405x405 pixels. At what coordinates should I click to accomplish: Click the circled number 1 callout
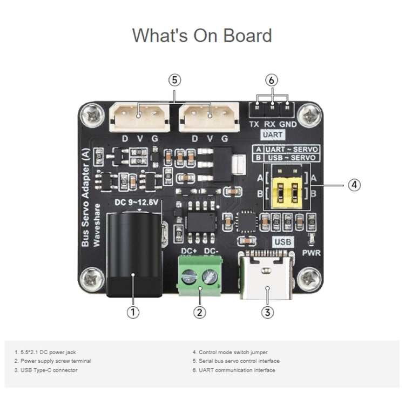tap(133, 312)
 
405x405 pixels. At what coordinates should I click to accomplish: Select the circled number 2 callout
tap(199, 312)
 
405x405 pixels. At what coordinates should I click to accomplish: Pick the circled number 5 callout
tap(174, 80)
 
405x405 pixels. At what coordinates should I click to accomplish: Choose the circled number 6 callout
tap(272, 80)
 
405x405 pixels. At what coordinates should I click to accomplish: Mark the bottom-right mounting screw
tap(310, 279)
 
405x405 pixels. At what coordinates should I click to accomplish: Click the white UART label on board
tap(272, 134)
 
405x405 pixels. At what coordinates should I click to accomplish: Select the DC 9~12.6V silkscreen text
tap(137, 203)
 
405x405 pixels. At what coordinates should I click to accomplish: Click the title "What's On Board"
tap(202, 36)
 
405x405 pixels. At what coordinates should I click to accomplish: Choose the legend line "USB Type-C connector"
tap(46, 370)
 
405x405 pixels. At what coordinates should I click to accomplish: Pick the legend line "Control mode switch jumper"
tap(230, 352)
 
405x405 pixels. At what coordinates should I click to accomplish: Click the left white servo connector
tap(139, 117)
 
